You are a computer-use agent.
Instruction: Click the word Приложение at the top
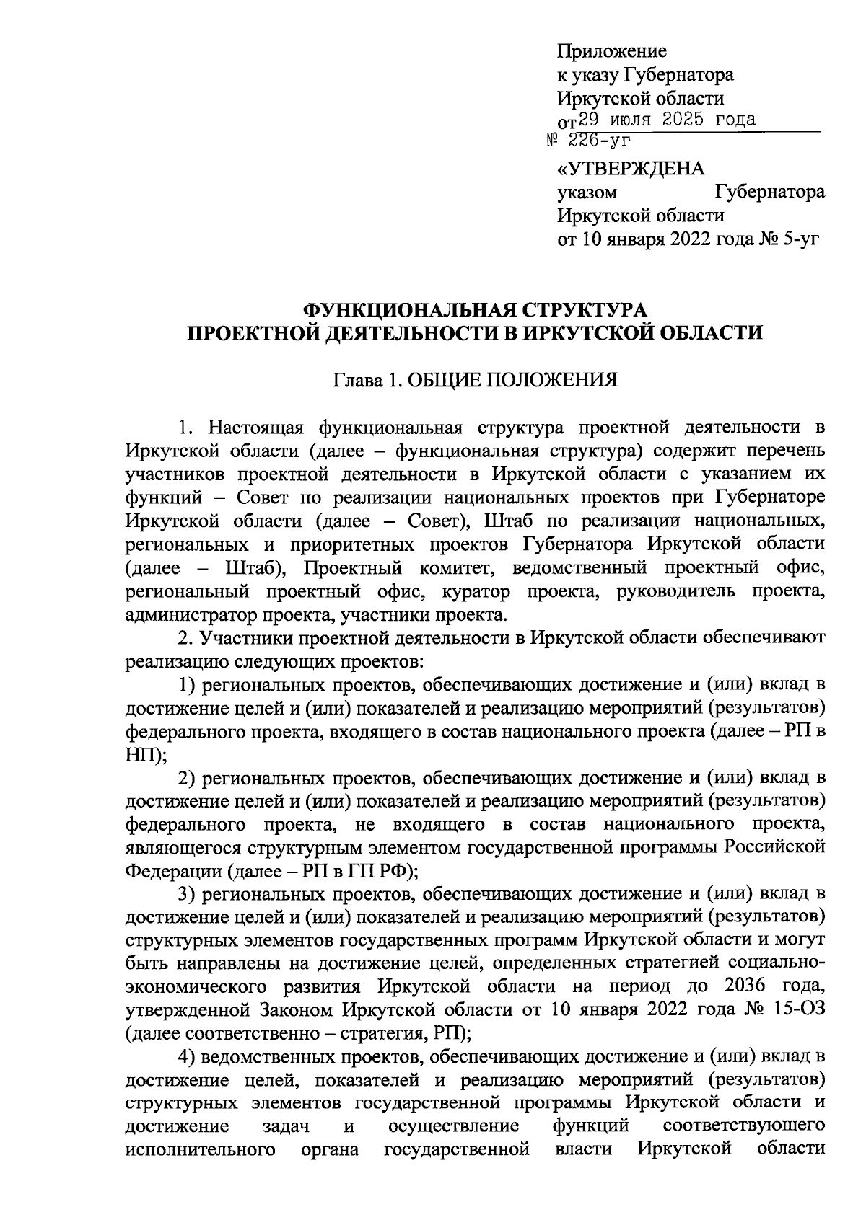[612, 52]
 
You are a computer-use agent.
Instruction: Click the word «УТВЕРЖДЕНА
[631, 169]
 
